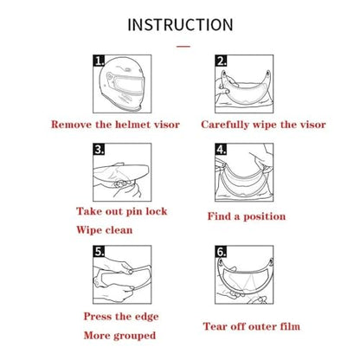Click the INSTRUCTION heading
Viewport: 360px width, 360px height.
click(x=180, y=25)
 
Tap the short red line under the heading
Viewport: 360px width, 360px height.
click(x=183, y=46)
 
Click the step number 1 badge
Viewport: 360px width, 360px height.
click(x=99, y=61)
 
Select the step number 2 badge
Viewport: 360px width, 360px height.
click(x=221, y=61)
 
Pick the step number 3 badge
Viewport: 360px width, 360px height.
click(x=99, y=150)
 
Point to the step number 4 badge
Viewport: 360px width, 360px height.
click(x=221, y=150)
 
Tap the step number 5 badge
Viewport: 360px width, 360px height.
click(x=99, y=252)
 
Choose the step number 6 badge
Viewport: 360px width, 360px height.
click(x=221, y=252)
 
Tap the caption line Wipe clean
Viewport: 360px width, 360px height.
click(x=105, y=230)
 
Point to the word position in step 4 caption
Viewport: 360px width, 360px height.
click(x=265, y=216)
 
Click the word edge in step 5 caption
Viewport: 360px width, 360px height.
click(x=146, y=317)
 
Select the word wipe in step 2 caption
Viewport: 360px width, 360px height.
click(x=265, y=125)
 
